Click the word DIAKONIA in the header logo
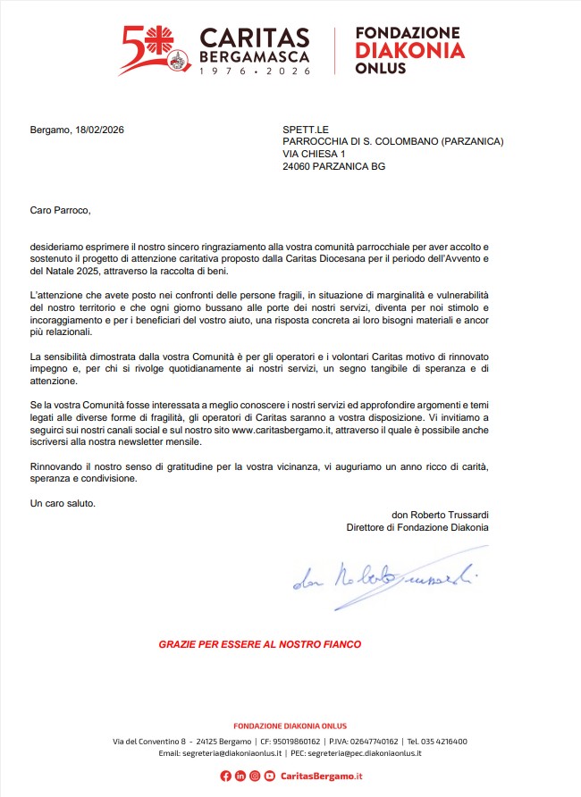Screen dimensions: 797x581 [410, 50]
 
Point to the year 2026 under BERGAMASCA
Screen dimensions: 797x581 [287, 71]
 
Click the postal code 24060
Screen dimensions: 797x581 [299, 166]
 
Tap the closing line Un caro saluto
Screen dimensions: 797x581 [63, 503]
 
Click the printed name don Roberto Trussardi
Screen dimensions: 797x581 [440, 515]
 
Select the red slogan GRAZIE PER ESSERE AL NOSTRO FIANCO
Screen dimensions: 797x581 [259, 643]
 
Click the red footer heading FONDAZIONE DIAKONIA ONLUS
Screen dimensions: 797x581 [290, 726]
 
